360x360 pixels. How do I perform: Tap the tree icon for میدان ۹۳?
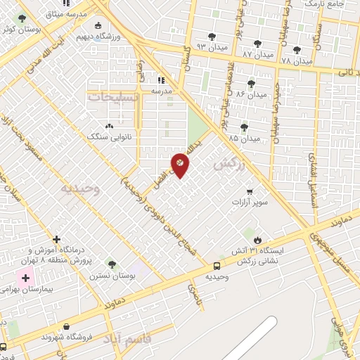(212, 37)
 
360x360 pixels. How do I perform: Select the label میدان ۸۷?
(257, 53)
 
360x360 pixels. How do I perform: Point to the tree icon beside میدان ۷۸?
(297, 51)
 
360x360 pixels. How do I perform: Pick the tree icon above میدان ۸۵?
(244, 127)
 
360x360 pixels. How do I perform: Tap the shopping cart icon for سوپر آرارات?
(249, 191)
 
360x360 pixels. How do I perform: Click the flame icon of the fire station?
(257, 240)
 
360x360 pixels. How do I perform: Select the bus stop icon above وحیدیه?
(217, 266)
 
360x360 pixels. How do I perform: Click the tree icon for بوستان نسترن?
(111, 264)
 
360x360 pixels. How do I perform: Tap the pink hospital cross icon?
(27, 279)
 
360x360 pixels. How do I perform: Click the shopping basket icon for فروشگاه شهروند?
(66, 326)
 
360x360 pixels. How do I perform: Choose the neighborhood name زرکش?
(227, 163)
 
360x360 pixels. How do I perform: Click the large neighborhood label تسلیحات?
(112, 96)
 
